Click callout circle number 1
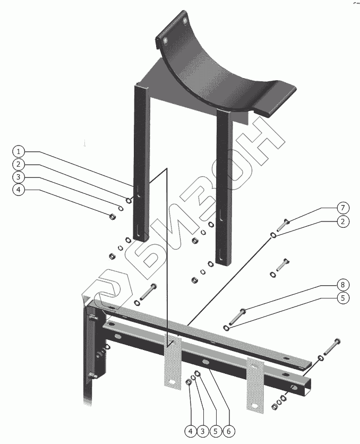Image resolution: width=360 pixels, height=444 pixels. [x=19, y=152]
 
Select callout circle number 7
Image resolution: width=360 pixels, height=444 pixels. [x=343, y=208]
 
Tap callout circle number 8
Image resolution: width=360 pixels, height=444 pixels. [x=343, y=285]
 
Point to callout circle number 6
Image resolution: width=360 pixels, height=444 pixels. [x=229, y=431]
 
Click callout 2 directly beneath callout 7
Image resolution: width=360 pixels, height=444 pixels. [x=343, y=221]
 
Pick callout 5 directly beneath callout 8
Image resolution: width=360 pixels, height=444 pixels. [x=343, y=298]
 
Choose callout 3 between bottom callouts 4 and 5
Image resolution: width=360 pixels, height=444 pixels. [x=203, y=431]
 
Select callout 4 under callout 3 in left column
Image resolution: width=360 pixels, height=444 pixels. [x=19, y=190]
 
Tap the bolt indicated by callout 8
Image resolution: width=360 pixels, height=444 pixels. [x=237, y=317]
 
